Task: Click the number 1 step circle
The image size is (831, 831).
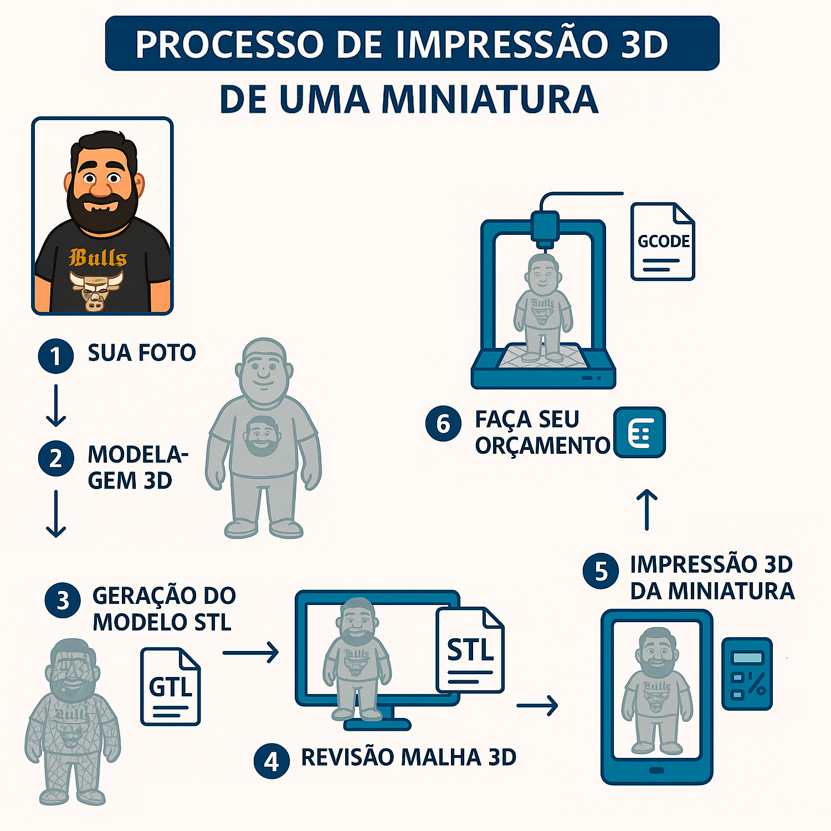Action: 55,356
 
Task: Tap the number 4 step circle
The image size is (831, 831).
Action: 271,761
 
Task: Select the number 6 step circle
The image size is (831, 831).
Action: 443,424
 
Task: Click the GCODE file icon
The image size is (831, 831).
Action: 663,242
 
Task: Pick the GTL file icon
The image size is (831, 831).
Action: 171,686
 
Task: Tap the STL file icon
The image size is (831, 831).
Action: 470,650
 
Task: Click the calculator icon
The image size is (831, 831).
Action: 747,674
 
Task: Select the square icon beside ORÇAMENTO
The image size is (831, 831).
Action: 640,432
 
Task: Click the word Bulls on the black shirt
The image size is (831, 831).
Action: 98,258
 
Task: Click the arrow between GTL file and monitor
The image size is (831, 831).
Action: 250,653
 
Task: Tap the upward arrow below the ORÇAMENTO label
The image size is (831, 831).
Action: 647,510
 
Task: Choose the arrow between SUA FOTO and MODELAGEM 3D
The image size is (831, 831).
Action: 56,406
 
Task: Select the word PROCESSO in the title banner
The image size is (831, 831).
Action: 229,44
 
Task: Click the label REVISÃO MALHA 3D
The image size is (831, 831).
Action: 409,757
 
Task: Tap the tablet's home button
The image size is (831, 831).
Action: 656,771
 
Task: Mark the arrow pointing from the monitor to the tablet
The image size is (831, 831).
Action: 537,705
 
